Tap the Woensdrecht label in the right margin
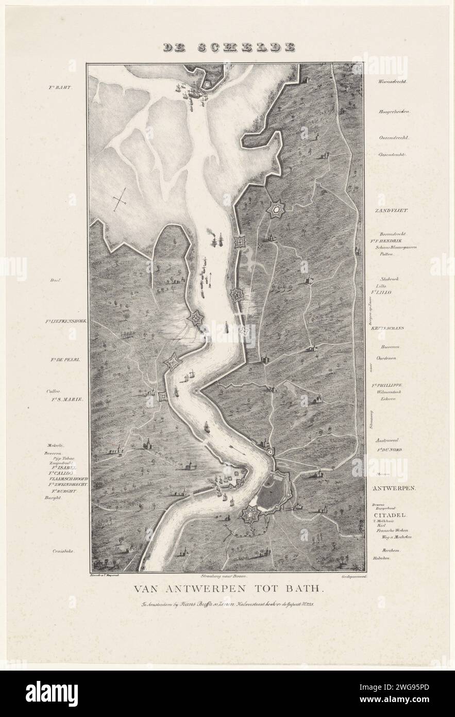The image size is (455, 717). tap(393, 82)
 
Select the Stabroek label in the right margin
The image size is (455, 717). tap(390, 279)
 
